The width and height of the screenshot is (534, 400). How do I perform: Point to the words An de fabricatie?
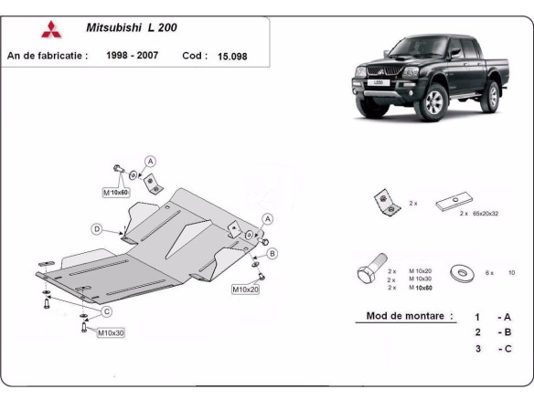pos(48,56)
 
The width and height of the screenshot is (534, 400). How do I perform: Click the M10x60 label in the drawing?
pos(116,193)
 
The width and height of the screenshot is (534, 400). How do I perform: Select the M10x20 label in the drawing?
pos(245,289)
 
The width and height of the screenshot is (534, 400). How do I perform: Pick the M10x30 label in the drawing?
pos(111,332)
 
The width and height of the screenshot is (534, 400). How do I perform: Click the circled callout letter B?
pos(272,252)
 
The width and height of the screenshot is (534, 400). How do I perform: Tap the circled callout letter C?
pos(107,312)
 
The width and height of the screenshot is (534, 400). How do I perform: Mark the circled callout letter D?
pos(95,228)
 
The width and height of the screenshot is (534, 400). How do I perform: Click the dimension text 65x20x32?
pos(486,213)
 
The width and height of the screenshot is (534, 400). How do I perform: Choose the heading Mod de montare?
pos(402,316)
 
